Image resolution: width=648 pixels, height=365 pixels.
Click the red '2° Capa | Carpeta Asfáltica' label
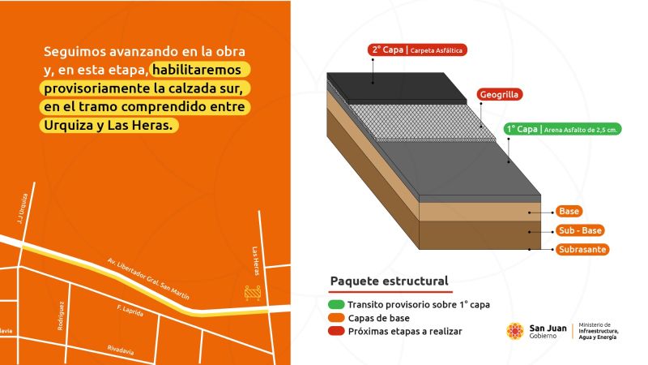pos(417,50)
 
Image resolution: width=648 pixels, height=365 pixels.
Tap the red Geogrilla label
pos(499,94)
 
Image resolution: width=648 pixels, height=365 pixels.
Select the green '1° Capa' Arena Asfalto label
pos(562,129)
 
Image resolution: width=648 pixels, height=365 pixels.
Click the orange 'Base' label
pos(569,212)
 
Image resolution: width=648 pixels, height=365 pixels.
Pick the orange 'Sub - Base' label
pos(580,230)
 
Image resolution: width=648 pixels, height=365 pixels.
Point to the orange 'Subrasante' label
pos(582,250)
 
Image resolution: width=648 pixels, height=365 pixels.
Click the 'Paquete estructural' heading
pos(389,281)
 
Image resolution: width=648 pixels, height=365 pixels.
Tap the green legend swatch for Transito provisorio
pos(336,305)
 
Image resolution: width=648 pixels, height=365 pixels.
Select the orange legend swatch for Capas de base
pos(336,318)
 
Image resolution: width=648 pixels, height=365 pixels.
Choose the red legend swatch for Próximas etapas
pos(336,331)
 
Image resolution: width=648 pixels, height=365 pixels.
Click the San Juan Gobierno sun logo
pos(515,331)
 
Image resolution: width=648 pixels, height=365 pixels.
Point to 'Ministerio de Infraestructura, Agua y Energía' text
pos(598,331)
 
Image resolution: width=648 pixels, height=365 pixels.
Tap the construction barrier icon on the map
pos(253,293)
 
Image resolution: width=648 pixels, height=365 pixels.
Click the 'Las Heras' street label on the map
pos(256,261)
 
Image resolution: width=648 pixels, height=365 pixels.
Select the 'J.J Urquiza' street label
pos(23,209)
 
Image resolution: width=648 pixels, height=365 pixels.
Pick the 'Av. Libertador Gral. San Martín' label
pos(148,278)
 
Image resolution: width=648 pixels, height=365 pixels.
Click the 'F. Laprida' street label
pos(130,311)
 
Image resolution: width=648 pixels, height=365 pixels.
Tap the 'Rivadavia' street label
pos(120,350)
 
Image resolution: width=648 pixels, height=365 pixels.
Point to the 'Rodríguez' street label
pos(61,316)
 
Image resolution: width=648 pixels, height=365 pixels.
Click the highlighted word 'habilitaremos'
pos(197,70)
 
